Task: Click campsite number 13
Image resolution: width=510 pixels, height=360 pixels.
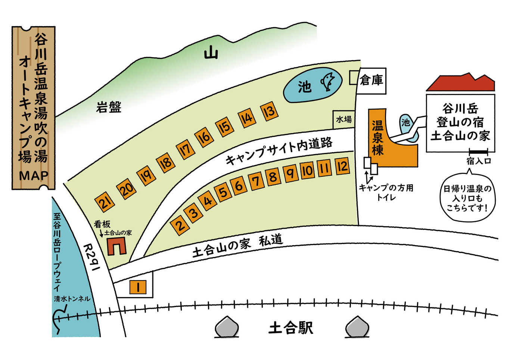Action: point(270,112)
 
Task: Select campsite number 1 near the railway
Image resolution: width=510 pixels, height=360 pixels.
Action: point(138,287)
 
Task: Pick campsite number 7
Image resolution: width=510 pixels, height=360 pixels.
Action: point(256,182)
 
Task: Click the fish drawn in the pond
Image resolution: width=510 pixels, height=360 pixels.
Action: point(328,82)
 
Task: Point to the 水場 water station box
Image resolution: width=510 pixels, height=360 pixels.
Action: point(344,119)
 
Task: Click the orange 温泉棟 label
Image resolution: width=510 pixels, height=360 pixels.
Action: point(378,138)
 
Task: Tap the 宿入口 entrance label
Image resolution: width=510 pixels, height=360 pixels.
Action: point(478,161)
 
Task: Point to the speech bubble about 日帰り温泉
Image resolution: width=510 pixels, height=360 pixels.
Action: point(468,198)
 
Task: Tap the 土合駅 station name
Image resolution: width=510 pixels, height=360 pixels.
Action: point(291,328)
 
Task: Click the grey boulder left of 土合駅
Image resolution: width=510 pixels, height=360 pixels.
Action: point(227,327)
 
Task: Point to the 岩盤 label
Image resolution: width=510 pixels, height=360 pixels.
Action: point(108,107)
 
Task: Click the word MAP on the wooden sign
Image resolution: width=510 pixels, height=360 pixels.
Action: point(34,176)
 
